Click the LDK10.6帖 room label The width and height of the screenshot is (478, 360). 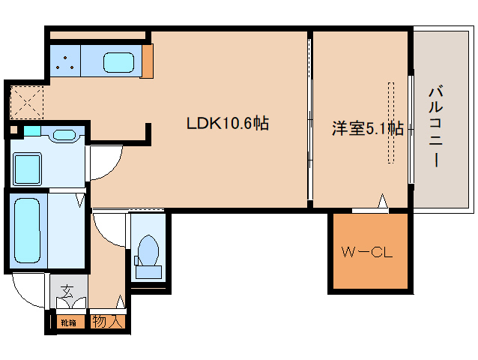pos(227,124)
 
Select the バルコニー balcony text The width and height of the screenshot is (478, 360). pos(434,127)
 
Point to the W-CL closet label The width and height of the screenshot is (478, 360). pos(368,253)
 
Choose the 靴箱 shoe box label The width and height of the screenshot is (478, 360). pos(68,322)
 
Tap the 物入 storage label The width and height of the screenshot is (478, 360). pos(107,322)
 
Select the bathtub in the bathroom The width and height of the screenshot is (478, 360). pos(28,229)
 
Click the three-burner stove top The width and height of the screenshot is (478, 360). pos(65,61)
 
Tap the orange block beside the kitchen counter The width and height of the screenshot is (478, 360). pos(147,61)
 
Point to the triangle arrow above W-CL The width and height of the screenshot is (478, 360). pos(382,201)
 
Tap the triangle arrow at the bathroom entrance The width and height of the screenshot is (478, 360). pos(81,200)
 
